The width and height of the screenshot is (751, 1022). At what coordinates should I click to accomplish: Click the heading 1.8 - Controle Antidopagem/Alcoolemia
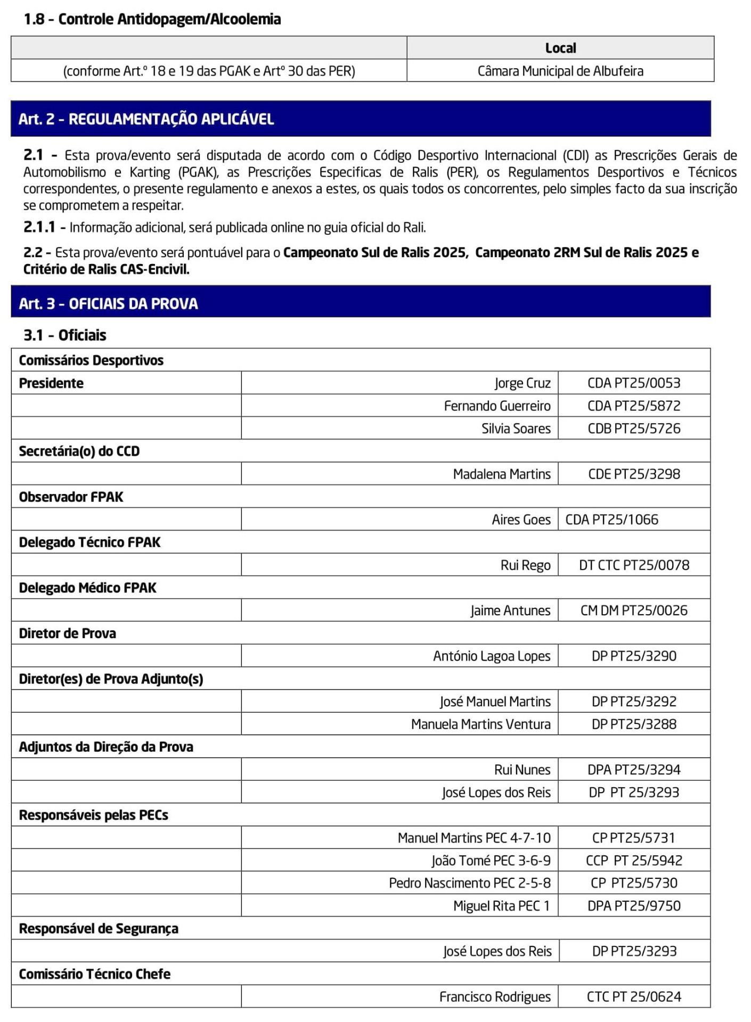152,19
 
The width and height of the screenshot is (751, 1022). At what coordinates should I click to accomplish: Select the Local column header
560,48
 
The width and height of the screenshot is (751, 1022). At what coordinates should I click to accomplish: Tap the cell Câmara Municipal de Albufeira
560,71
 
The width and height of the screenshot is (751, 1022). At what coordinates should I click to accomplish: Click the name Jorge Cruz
522,383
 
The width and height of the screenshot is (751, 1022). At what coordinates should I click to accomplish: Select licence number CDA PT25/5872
634,406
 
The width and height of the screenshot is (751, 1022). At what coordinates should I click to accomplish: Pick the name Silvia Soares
516,428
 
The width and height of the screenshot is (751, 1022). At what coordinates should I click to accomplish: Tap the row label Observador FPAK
71,497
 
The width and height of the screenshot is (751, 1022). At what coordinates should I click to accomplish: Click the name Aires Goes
521,520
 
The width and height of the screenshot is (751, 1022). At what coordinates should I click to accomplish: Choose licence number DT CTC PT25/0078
634,565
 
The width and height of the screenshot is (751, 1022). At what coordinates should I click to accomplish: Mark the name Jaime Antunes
510,611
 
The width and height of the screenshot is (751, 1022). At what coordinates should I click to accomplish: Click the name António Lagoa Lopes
492,656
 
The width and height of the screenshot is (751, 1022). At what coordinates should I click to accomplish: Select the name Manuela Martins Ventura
480,724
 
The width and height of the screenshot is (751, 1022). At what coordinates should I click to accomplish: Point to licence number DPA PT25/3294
634,769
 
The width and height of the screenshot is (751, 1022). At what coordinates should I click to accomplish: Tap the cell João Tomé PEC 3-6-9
491,860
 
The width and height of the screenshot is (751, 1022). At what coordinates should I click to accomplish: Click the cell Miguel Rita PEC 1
501,905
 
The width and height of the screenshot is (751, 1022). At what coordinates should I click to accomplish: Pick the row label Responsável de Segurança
99,928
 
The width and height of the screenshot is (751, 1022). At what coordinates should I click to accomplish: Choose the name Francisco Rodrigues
495,996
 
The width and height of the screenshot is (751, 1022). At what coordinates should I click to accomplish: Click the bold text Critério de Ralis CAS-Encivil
107,269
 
